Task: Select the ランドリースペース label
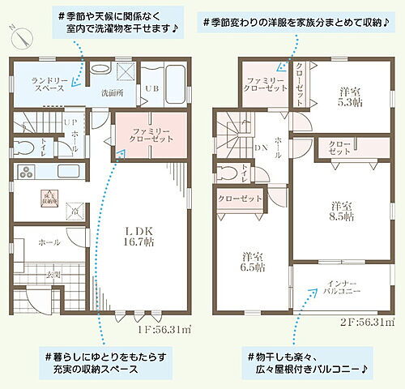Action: coord(50,86)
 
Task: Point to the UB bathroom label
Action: coord(151,88)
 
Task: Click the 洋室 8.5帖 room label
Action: coord(343,211)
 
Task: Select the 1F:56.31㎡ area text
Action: coord(164,329)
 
